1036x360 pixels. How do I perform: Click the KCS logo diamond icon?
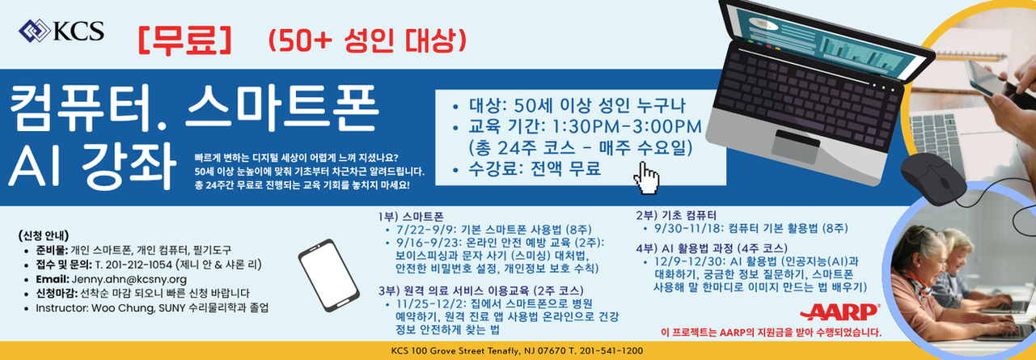tap(34, 31)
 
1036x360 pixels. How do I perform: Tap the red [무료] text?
tap(184, 40)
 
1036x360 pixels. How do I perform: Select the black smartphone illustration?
tap(328, 275)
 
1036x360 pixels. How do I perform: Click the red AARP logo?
tap(840, 312)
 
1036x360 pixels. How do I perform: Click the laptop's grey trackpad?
tap(795, 147)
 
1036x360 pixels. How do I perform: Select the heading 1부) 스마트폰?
tap(411, 217)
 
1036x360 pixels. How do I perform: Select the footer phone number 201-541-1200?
tap(611, 351)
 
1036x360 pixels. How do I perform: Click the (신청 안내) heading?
tap(44, 235)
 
